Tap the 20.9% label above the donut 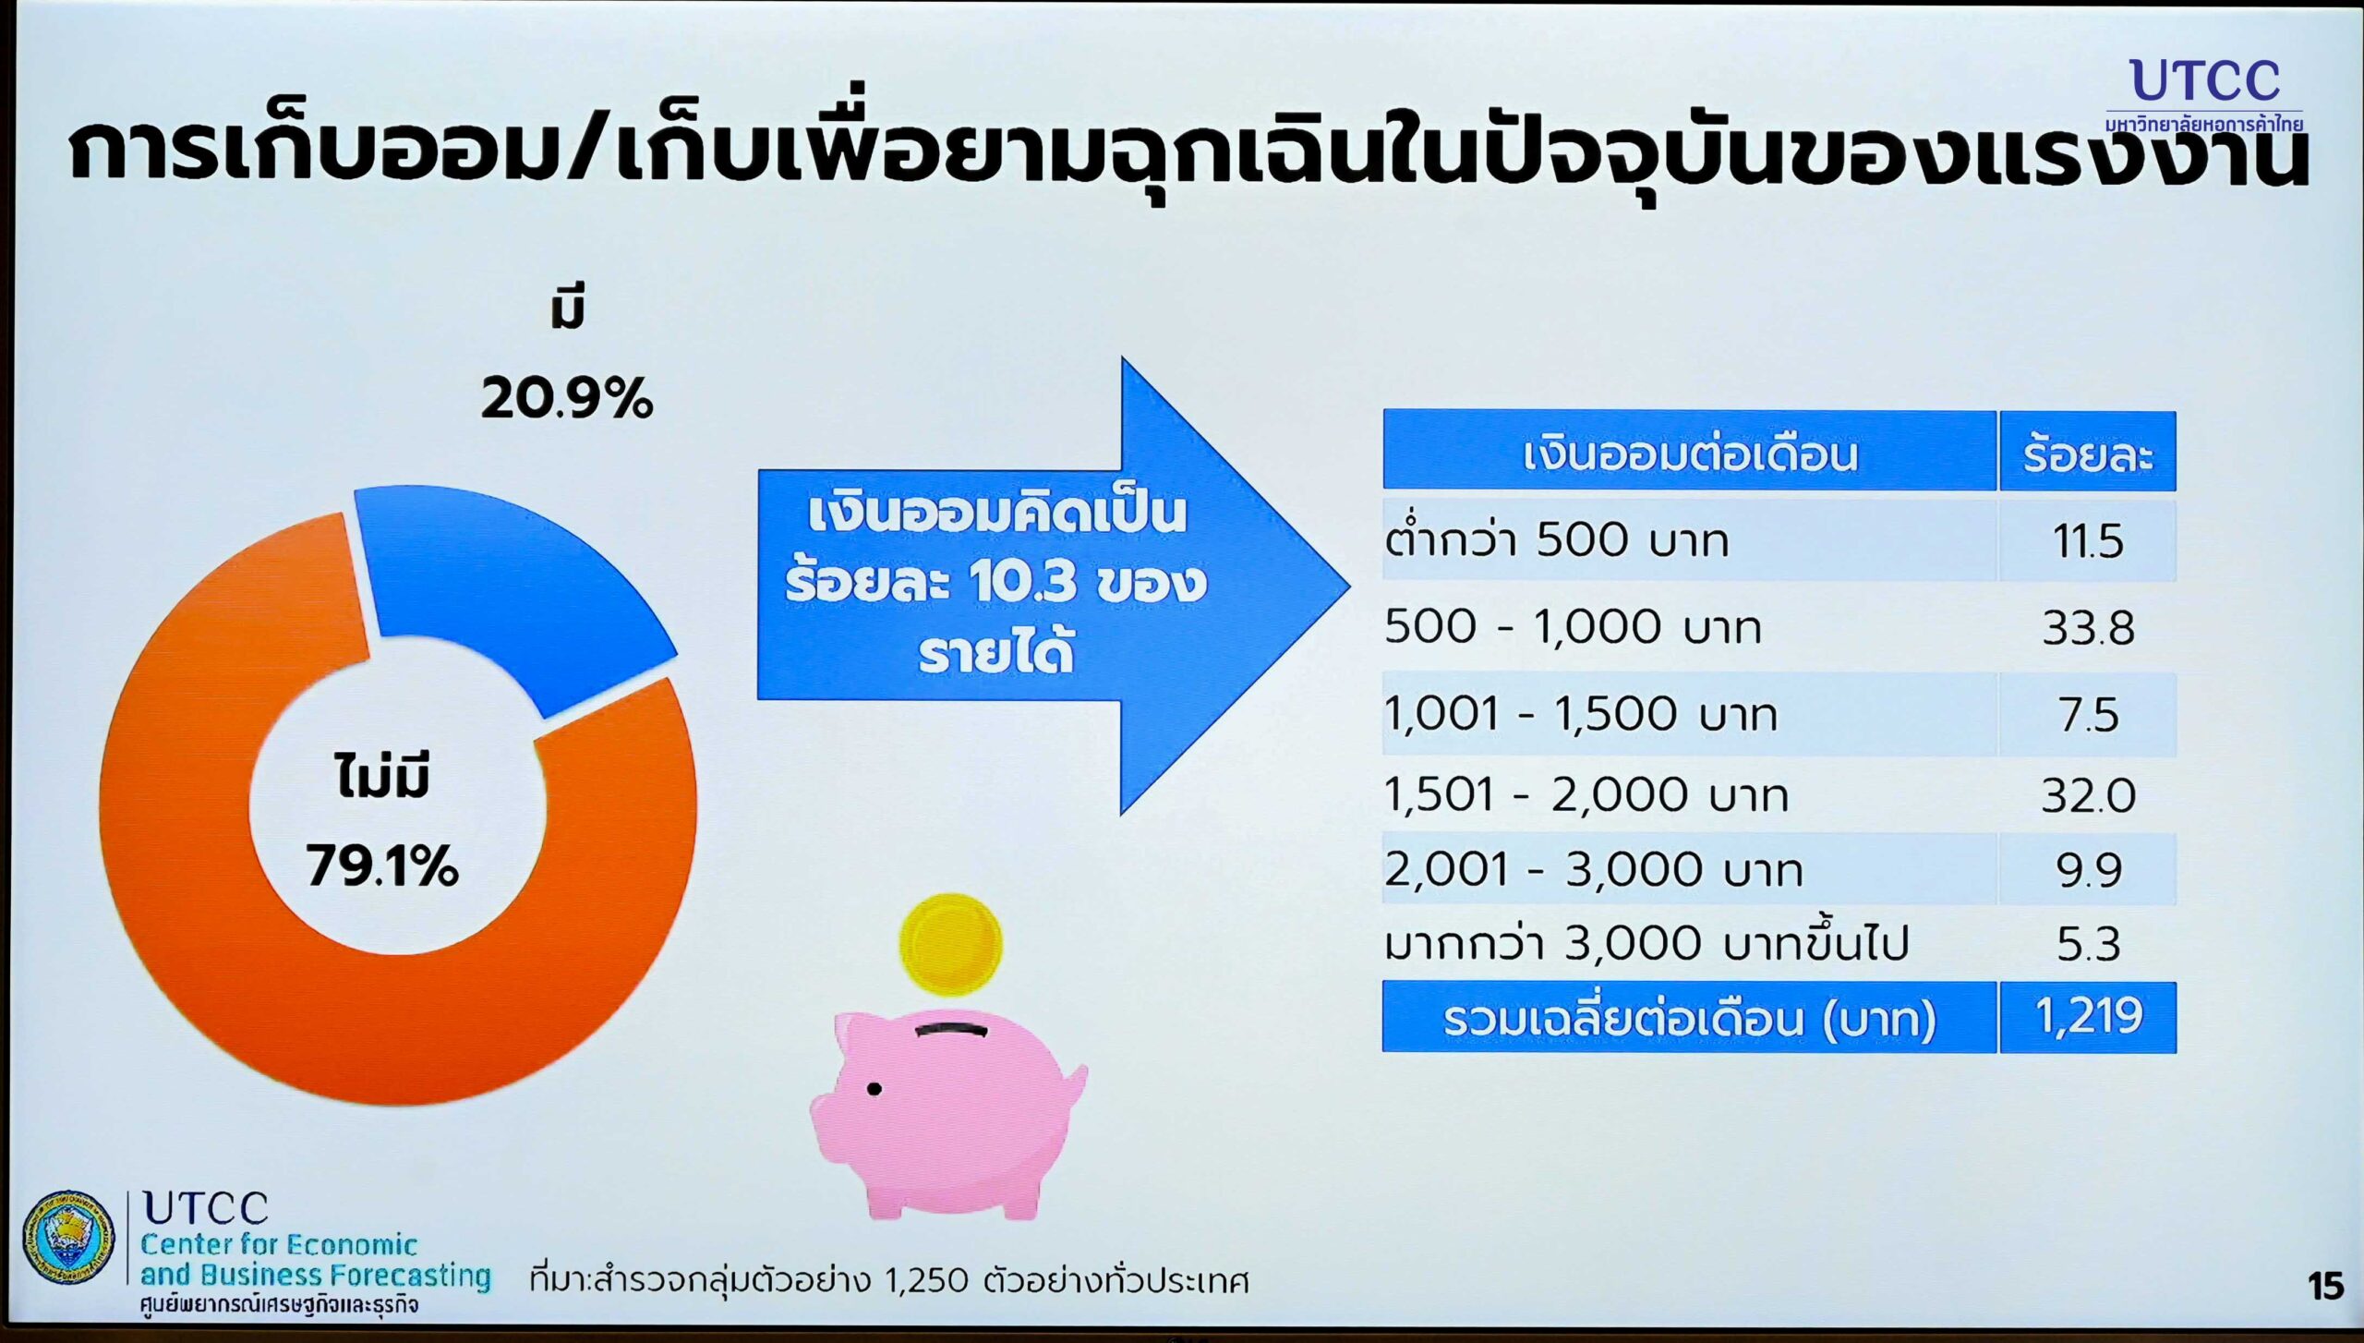[x=567, y=400]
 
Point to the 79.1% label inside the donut [x=382, y=867]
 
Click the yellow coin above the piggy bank [x=950, y=944]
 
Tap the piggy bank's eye [x=874, y=1090]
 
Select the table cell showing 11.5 [x=2088, y=541]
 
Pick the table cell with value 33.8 [x=2088, y=628]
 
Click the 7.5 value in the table [x=2088, y=715]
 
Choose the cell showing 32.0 [x=2088, y=795]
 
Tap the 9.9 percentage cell [x=2088, y=870]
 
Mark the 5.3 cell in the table [x=2088, y=944]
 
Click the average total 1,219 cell [x=2088, y=1017]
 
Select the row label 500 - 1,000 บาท [x=1573, y=627]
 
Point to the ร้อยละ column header [x=2088, y=452]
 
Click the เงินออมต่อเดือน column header [x=1689, y=452]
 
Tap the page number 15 [x=2325, y=1286]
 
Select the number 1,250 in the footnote [x=926, y=1280]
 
